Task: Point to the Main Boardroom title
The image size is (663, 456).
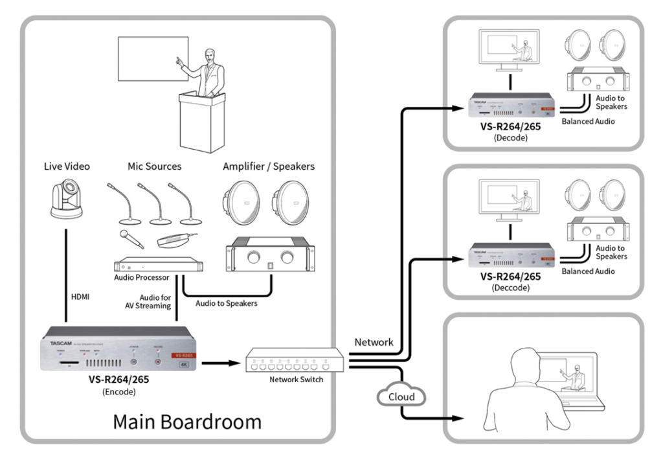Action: (x=187, y=422)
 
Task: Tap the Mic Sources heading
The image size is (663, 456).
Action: (x=154, y=166)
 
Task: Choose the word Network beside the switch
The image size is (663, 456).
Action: (x=374, y=341)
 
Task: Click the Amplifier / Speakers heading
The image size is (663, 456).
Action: (x=269, y=166)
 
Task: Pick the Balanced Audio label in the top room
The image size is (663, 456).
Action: (x=589, y=121)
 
